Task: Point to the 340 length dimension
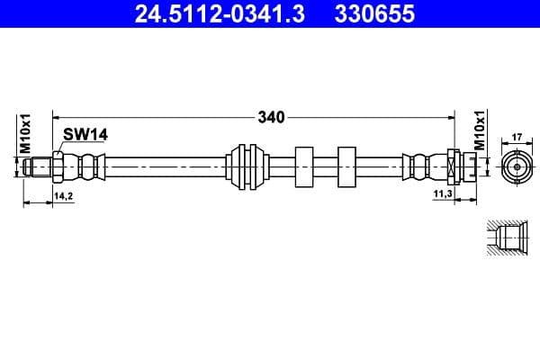tap(271, 116)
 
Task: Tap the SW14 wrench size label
tap(85, 134)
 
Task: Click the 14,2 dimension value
tap(64, 194)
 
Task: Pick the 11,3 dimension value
tap(442, 194)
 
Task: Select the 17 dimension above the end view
tap(517, 138)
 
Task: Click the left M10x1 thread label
tap(26, 132)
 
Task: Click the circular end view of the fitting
tap(517, 166)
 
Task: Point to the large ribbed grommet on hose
tap(247, 166)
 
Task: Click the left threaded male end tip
tap(39, 166)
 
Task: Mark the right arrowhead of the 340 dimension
tap(449, 116)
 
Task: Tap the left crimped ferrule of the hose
tap(87, 166)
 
